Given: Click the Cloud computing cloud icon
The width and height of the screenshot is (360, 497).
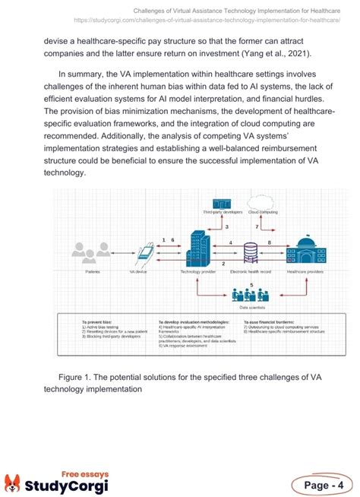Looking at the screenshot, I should point(263,202).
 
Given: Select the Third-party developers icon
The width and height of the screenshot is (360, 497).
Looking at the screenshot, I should point(221,203).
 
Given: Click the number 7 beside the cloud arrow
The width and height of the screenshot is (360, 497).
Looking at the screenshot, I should point(257,226).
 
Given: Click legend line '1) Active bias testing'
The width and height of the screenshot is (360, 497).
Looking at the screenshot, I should point(102,328).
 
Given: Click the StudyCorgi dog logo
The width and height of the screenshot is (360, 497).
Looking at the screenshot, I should point(13,463).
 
